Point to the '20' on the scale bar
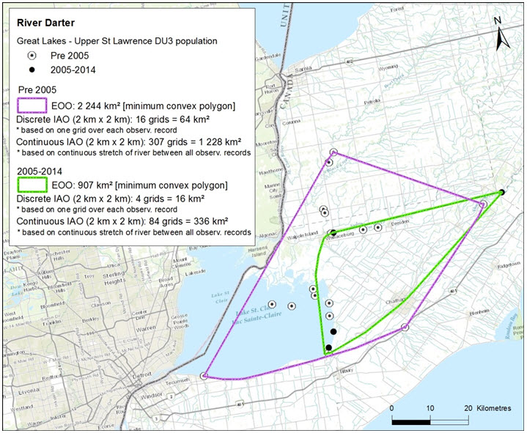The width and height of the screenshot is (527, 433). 466,408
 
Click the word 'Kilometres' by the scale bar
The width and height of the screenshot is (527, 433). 495,408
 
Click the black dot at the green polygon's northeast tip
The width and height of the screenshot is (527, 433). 501,193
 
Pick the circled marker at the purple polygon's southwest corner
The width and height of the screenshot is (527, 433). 204,376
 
